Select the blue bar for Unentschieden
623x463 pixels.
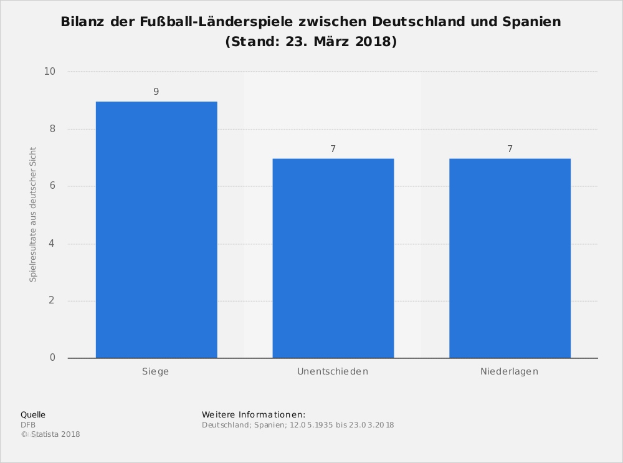[333, 258]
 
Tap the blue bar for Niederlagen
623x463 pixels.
[510, 258]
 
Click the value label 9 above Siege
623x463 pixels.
[156, 92]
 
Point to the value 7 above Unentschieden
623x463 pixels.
[333, 149]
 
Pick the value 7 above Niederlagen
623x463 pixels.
[510, 149]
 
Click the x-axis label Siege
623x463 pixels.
[156, 371]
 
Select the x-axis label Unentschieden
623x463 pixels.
[333, 371]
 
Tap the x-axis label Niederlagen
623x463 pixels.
[509, 371]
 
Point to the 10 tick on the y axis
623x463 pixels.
[50, 72]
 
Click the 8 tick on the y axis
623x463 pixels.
[52, 129]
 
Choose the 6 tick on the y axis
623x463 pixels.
[52, 186]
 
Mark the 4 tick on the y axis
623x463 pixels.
[52, 244]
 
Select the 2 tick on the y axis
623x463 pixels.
[52, 300]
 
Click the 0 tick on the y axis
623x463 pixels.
[52, 358]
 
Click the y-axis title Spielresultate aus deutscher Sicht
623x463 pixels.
[34, 214]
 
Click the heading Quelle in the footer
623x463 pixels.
[33, 414]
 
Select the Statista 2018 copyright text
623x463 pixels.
[55, 434]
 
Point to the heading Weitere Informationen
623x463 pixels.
[254, 414]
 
